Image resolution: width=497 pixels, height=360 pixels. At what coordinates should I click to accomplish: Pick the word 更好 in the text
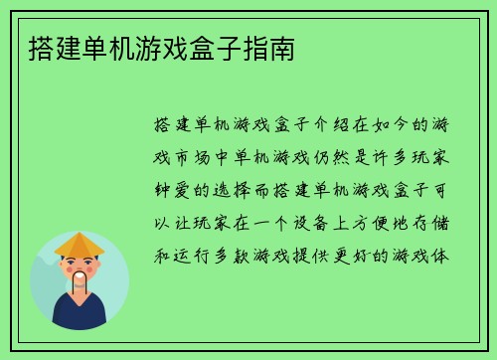click(352, 255)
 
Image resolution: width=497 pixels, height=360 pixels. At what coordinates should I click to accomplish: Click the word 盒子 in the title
click(216, 47)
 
